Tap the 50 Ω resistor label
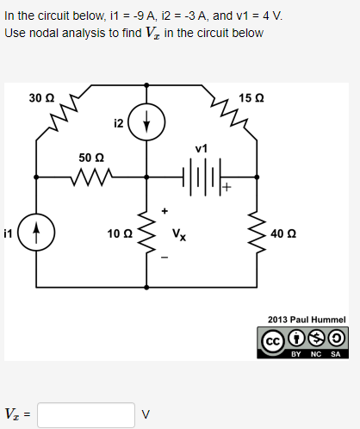[x=91, y=159]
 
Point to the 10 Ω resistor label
[x=119, y=233]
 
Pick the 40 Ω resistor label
[x=282, y=233]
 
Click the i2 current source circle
[x=147, y=123]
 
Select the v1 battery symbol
[x=202, y=178]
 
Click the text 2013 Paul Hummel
[x=306, y=318]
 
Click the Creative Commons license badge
[x=306, y=341]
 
